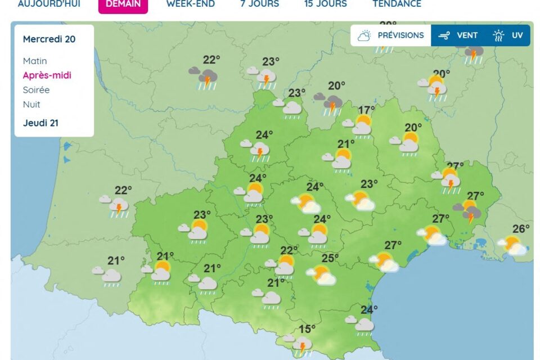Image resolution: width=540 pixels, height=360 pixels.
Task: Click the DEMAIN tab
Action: tap(123, 4)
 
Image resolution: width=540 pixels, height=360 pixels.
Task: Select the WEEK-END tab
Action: tap(190, 4)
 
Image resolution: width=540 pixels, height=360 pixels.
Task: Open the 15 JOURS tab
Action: tap(325, 4)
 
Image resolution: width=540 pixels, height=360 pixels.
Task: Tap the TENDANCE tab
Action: tap(397, 4)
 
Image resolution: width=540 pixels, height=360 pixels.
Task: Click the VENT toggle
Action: tap(458, 35)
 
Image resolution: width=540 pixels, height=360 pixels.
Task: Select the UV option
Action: tap(508, 35)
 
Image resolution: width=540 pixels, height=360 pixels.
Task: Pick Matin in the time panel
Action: tap(35, 61)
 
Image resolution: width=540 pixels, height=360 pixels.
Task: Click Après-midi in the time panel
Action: tap(47, 75)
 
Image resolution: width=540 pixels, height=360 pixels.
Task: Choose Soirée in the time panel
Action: tap(36, 90)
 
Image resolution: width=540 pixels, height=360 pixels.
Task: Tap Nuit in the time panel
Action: tap(31, 105)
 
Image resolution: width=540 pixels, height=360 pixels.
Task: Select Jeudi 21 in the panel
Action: tap(40, 123)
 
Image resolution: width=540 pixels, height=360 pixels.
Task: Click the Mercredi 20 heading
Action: tap(49, 39)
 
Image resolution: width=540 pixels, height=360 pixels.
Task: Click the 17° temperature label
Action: tap(366, 110)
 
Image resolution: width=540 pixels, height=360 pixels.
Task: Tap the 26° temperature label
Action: tap(521, 229)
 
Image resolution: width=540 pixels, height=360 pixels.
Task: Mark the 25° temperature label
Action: tap(330, 258)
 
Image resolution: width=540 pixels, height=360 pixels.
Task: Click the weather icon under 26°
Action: tap(514, 246)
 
